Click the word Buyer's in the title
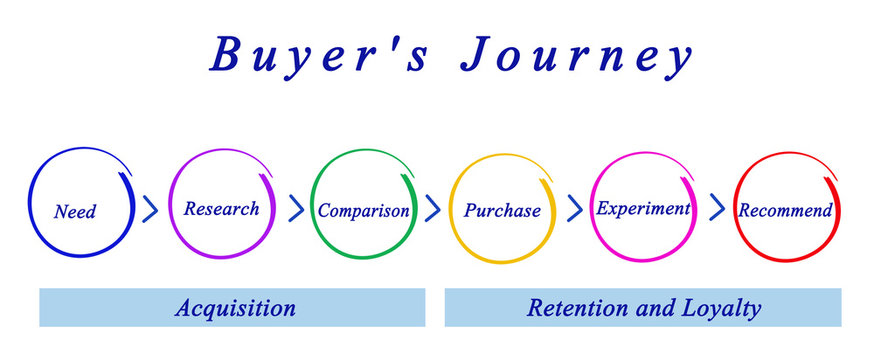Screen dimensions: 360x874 click(x=321, y=57)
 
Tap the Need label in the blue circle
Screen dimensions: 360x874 click(x=75, y=211)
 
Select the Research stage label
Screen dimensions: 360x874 click(x=221, y=208)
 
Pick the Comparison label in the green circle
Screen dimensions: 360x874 click(x=363, y=210)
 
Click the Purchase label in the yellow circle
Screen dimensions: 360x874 click(x=502, y=210)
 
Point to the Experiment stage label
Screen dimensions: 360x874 click(x=643, y=208)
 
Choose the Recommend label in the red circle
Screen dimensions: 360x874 click(x=785, y=210)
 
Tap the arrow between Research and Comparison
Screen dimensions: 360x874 click(x=296, y=208)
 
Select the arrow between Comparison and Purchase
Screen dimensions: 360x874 click(x=433, y=208)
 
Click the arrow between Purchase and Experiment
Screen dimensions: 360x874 click(x=574, y=208)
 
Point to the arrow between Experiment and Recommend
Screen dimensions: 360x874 click(x=716, y=208)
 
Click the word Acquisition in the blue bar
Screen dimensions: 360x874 click(x=235, y=308)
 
